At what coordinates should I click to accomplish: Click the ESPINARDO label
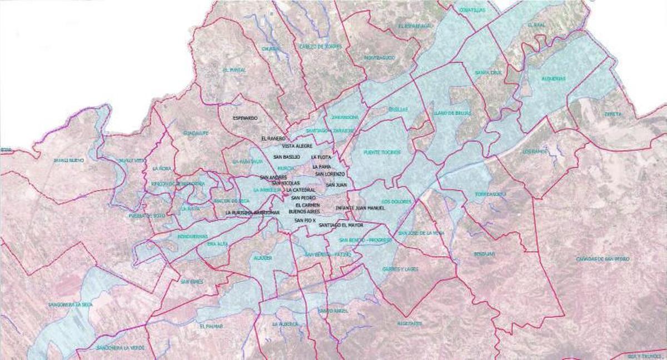coord(245,118)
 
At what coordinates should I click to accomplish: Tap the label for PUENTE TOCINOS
coord(379,152)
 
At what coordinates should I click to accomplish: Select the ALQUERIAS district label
coord(553,79)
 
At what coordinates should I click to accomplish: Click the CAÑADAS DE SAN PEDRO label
coord(610,259)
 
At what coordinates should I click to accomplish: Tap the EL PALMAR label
coord(211,326)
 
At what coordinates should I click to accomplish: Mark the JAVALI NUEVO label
coord(69,160)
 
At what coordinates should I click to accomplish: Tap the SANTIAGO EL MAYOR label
coord(341,226)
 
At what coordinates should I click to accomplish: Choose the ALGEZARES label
coord(410,323)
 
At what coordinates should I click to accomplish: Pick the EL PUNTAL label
coord(234,70)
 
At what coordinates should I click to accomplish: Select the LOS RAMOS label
coord(535,151)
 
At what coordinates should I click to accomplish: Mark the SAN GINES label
coord(192,282)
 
